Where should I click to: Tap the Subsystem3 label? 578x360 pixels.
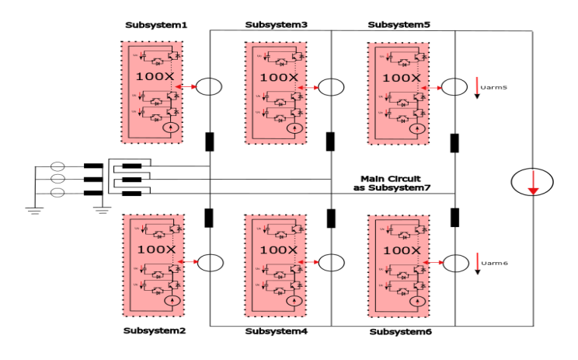click(277, 24)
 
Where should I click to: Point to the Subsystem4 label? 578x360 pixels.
click(277, 331)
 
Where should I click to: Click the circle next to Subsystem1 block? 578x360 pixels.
click(208, 87)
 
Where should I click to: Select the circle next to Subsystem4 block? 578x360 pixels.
click(333, 263)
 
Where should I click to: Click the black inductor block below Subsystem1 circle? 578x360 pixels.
click(210, 142)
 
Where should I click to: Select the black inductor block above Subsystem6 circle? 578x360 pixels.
click(454, 217)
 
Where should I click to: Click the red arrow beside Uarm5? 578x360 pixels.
click(478, 86)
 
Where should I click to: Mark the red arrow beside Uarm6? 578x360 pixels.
click(478, 263)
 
